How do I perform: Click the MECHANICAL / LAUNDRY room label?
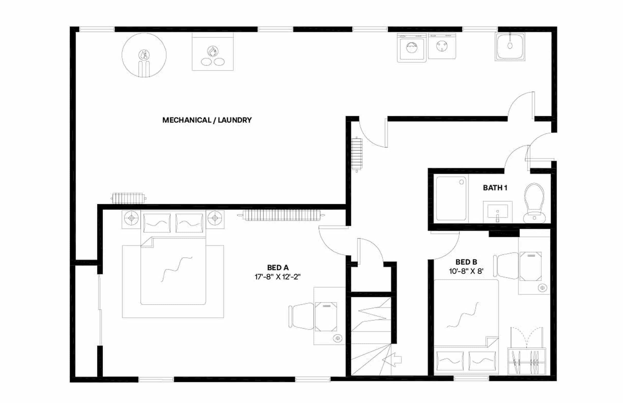(x=207, y=120)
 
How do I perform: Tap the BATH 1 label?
(x=495, y=188)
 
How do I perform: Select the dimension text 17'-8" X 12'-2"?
(x=277, y=277)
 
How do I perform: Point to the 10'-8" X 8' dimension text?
(x=466, y=271)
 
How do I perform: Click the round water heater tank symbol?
(x=144, y=55)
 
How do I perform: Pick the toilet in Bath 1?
(x=534, y=203)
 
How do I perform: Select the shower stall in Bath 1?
(x=451, y=198)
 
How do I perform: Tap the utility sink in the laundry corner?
(x=510, y=46)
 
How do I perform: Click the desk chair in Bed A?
(x=302, y=316)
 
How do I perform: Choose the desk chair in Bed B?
(x=506, y=266)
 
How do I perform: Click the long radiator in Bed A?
(x=282, y=215)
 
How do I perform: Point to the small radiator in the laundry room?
(x=128, y=198)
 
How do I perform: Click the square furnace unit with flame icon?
(x=212, y=52)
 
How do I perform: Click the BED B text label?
(x=466, y=262)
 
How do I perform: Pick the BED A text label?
(x=278, y=268)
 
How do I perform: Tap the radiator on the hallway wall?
(x=357, y=154)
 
